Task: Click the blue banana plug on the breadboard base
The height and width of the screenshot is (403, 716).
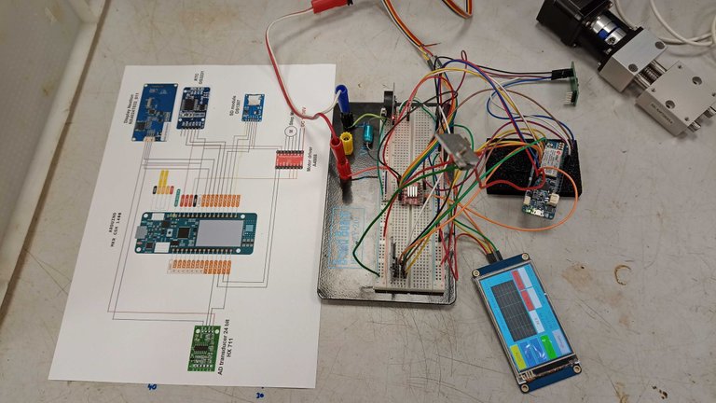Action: (x=341, y=99)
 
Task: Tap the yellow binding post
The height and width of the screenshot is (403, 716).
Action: (x=346, y=142)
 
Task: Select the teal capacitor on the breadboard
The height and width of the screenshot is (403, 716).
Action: (x=371, y=133)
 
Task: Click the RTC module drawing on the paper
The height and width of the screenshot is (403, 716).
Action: (x=195, y=104)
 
